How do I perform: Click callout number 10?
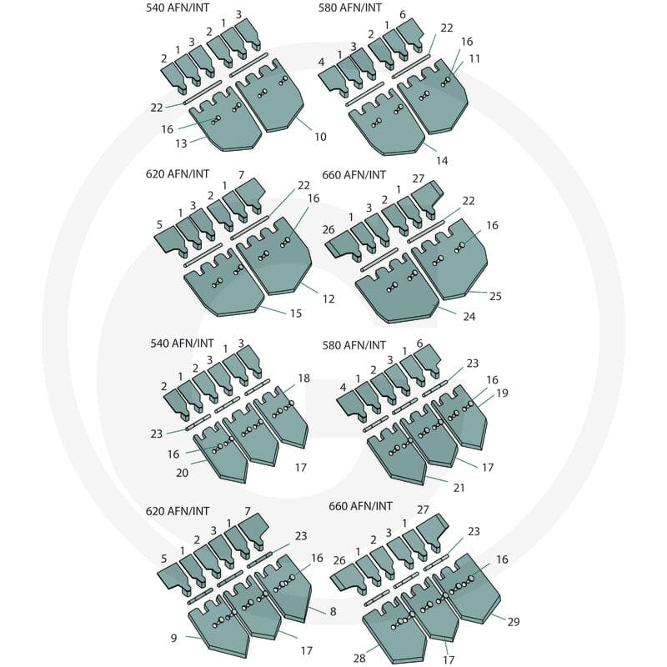[x=320, y=137]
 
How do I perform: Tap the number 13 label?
[x=181, y=143]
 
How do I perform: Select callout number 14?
[x=442, y=160]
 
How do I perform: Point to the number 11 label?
[x=474, y=58]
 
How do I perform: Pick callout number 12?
[x=328, y=299]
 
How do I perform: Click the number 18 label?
[x=303, y=379]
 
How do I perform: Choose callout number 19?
[x=503, y=393]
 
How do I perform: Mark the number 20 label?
[x=182, y=473]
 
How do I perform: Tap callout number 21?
[x=459, y=488]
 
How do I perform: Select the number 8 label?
[x=333, y=612]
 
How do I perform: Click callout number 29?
[x=514, y=622]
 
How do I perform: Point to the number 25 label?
[x=495, y=296]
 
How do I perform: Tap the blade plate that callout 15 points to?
[x=223, y=285]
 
